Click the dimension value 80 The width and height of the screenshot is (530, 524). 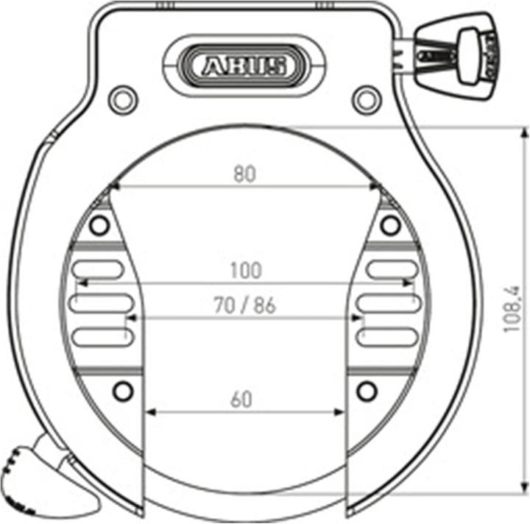coord(244,174)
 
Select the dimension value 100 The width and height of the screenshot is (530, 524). coord(246,270)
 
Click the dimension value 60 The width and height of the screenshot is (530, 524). coord(241,400)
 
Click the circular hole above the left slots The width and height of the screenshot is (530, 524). coord(96,225)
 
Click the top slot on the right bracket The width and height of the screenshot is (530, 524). coord(392,269)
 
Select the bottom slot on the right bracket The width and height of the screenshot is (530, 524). coord(386,336)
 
